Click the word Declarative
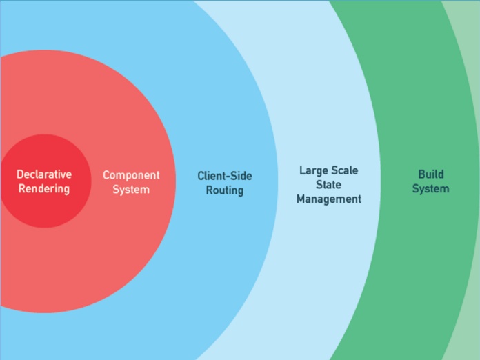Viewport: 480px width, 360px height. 44,174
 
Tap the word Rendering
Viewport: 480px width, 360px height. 44,189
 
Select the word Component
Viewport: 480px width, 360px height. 131,175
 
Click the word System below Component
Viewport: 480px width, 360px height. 131,190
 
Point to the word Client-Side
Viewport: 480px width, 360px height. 225,176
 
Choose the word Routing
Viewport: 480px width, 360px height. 225,190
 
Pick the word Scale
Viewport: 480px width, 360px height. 344,170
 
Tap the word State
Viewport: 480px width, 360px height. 329,184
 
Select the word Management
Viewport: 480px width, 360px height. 329,199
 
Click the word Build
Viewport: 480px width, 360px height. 431,174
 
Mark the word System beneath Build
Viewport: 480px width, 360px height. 431,189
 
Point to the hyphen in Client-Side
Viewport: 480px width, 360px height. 228,177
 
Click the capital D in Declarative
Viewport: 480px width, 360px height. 20,174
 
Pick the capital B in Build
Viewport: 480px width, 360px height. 421,174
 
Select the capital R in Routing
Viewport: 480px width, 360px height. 209,190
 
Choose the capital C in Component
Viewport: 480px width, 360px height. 107,175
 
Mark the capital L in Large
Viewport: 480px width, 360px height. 302,170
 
